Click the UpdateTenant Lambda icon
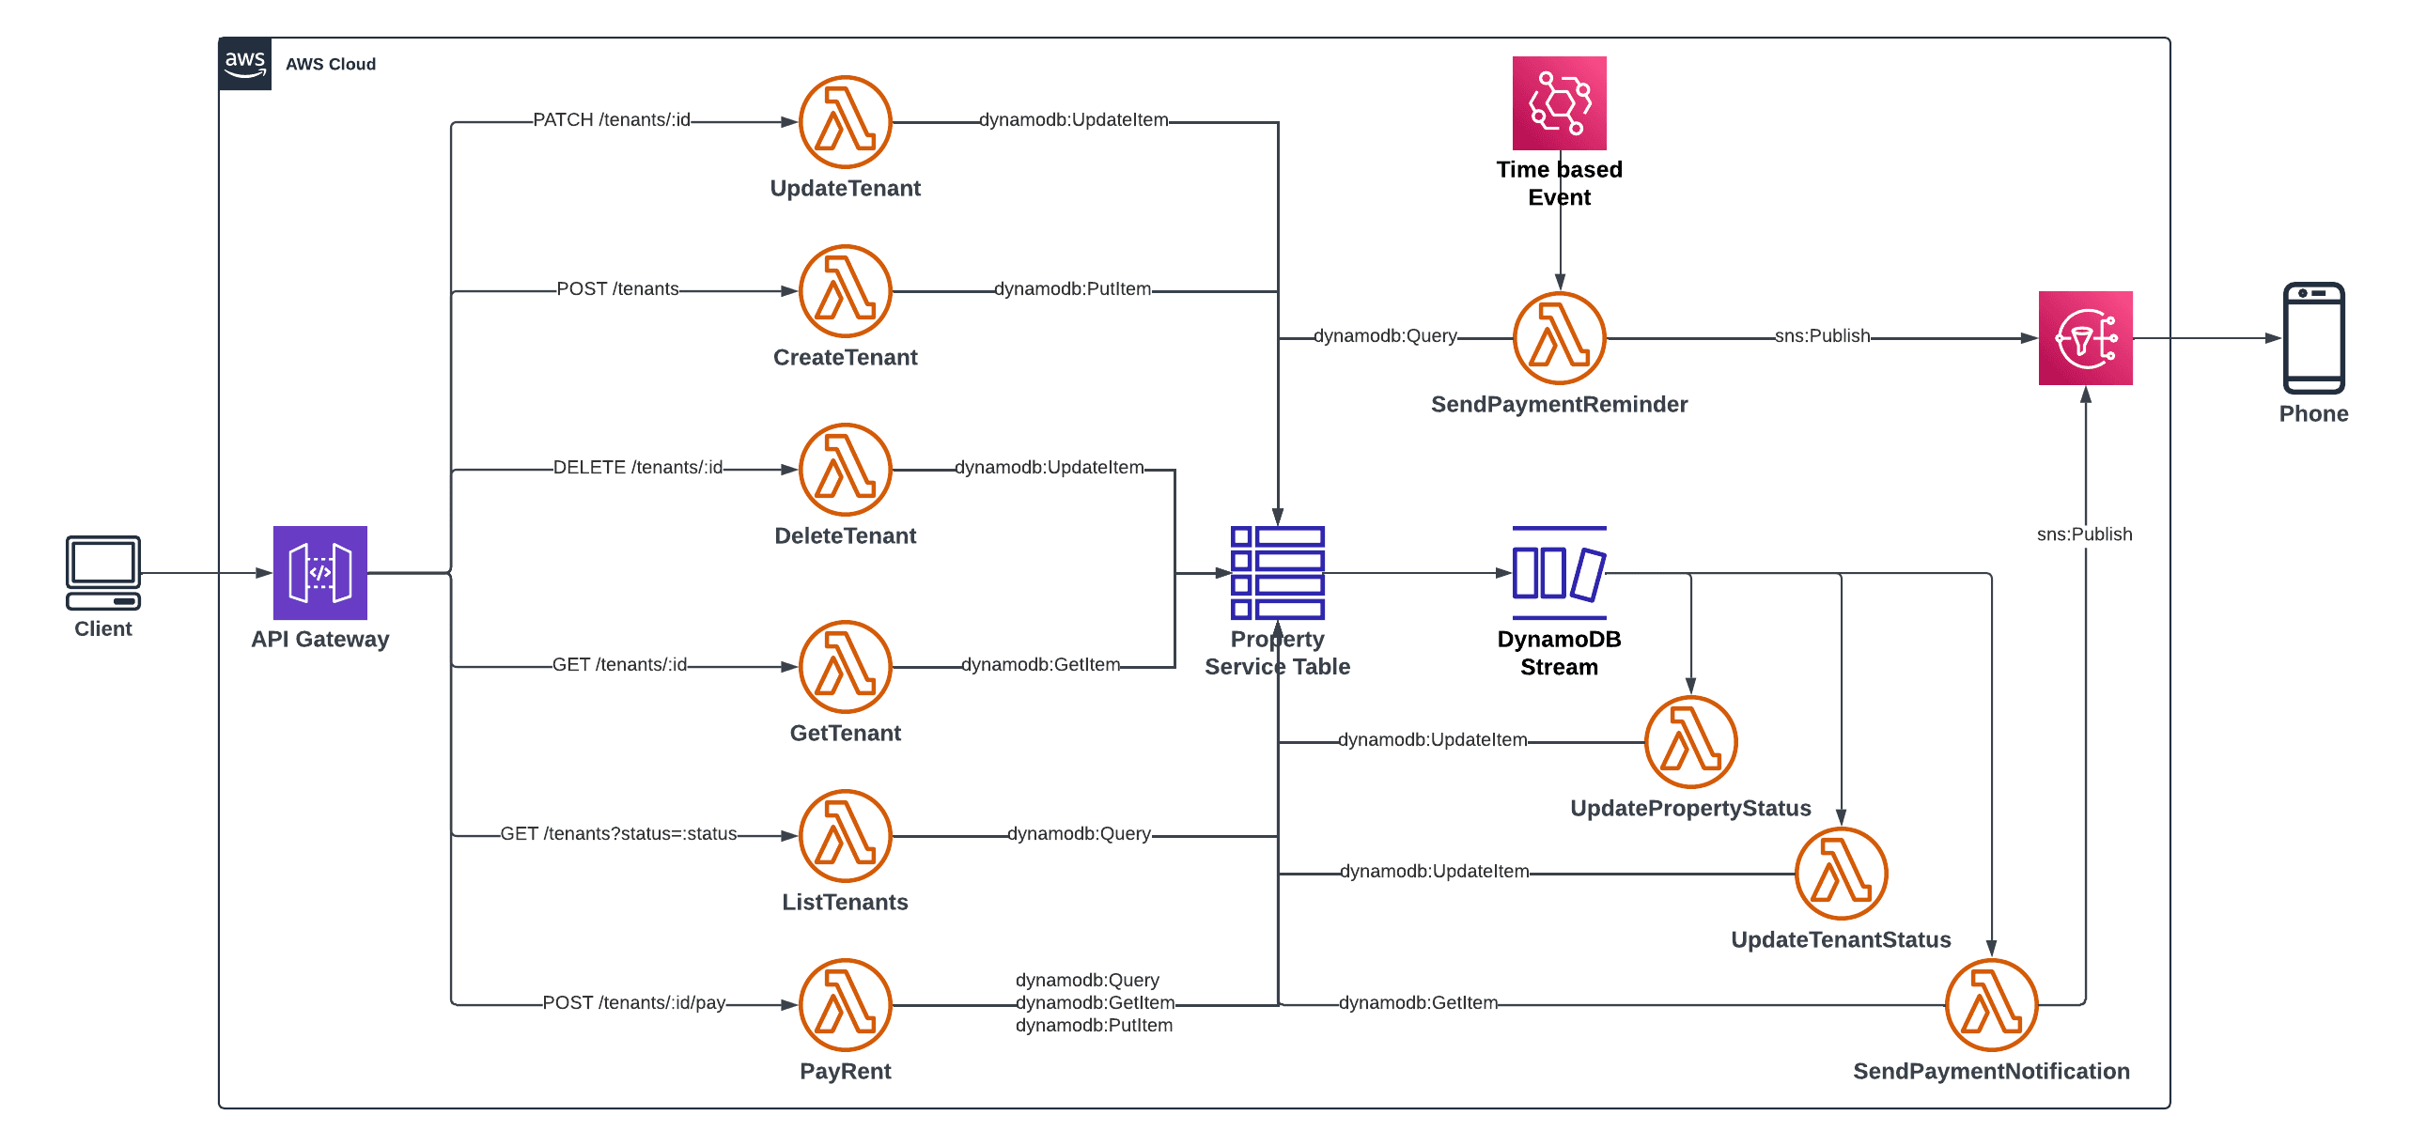pos(845,122)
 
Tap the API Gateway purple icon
pos(319,572)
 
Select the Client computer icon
pos(103,572)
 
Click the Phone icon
pos(2313,338)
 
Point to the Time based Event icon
pos(1559,103)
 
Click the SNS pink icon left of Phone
pos(2085,338)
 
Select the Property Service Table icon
pos(1277,572)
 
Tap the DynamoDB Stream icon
pos(1559,572)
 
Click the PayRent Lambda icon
pos(845,1004)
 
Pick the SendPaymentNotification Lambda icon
pos(1991,1004)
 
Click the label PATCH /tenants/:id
pos(612,120)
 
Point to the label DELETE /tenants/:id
pos(638,468)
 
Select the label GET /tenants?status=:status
pos(618,834)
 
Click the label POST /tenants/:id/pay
pos(634,1003)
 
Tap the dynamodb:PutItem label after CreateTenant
pos(1072,289)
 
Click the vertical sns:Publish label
pos(2084,534)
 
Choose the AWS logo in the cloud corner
pos(245,64)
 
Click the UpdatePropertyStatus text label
pos(1690,808)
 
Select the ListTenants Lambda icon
pos(845,835)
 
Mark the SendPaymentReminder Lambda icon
pos(1559,338)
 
